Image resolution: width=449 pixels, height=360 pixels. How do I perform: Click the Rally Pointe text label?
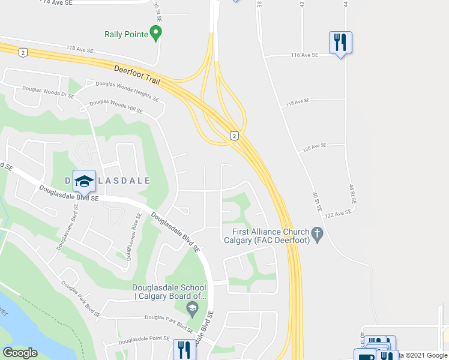tap(126, 34)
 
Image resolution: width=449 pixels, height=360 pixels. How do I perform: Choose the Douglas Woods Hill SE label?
tap(116, 107)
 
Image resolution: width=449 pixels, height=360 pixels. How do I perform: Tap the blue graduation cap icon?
tap(85, 180)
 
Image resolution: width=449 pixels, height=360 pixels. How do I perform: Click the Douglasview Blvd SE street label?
tap(67, 227)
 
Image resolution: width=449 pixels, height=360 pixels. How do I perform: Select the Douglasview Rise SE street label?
tap(133, 236)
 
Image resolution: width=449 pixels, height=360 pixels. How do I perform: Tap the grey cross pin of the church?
tap(318, 233)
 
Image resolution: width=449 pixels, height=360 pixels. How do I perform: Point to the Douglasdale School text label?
tap(169, 292)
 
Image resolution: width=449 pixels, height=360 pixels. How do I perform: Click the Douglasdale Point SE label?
tap(144, 340)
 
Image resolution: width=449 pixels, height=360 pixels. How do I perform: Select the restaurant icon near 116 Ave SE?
tap(340, 42)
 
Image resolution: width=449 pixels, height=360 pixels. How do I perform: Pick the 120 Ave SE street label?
tap(315, 146)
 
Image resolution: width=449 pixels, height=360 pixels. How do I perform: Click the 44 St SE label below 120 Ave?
tap(352, 196)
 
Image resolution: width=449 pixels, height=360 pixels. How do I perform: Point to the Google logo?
tap(20, 353)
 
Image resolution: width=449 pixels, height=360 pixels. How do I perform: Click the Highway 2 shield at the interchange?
tap(234, 136)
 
